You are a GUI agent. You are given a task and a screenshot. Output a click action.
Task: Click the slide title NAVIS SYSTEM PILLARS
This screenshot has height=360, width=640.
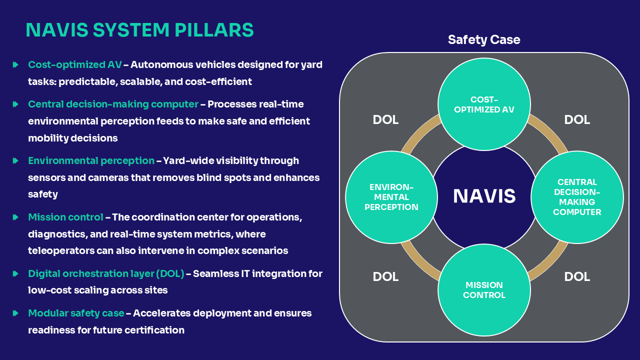(139, 30)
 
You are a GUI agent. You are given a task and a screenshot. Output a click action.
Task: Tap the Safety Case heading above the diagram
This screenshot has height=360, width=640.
(483, 40)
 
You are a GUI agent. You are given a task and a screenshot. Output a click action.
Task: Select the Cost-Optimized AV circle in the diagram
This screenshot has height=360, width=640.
(484, 104)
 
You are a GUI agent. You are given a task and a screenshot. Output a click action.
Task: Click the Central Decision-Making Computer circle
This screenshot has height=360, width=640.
(577, 197)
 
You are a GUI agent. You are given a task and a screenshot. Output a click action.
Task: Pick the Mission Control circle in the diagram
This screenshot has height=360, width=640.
(484, 290)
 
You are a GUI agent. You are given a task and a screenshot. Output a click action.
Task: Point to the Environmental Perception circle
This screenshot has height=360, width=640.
(391, 197)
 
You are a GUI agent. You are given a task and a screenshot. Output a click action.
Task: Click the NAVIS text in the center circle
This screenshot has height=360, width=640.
(484, 196)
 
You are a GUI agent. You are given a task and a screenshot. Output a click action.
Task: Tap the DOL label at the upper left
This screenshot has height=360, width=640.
(385, 120)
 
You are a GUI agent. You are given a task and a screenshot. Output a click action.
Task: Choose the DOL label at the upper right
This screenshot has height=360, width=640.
(577, 120)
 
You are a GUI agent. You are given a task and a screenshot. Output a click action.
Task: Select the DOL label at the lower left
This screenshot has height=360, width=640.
(385, 276)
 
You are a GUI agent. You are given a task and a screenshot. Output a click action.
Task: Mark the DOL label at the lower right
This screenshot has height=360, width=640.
(577, 276)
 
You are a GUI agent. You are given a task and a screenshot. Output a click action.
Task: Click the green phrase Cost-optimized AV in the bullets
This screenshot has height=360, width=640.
(74, 64)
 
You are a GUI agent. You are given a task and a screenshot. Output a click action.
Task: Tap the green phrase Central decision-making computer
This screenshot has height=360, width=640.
(113, 104)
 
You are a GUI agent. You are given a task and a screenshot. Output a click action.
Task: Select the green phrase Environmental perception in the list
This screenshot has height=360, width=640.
(91, 160)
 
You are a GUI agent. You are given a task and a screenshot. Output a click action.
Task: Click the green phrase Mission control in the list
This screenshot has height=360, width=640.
(65, 217)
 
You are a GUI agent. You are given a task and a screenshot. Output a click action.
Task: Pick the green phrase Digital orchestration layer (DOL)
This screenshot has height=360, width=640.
(106, 273)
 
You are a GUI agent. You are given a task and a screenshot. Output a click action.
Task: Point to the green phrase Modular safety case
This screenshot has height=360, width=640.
(76, 313)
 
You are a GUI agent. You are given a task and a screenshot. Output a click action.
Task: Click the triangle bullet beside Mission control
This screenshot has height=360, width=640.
(16, 217)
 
